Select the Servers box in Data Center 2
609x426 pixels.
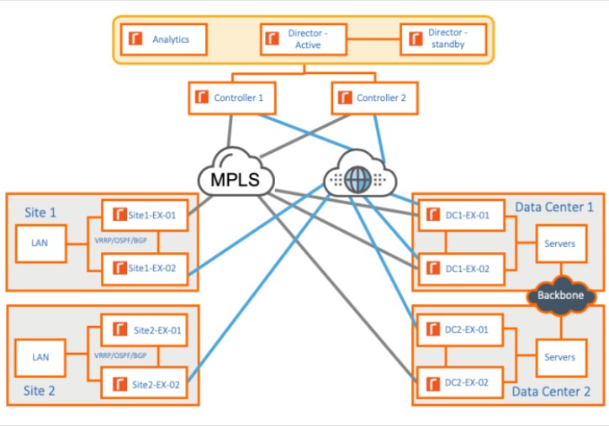tap(559, 357)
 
